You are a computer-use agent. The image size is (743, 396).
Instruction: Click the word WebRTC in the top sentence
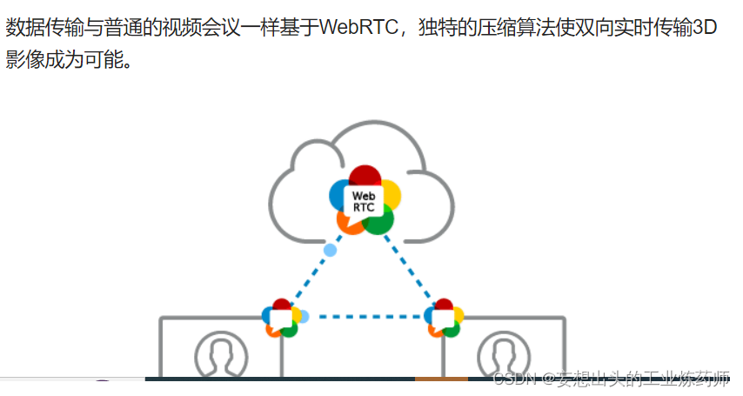[358, 27]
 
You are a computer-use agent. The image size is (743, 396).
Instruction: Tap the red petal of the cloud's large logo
[365, 173]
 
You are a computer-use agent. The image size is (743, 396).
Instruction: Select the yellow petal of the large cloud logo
[391, 194]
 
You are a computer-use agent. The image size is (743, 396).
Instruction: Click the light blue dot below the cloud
[330, 251]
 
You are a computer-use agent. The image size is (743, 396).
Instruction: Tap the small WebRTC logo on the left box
[281, 318]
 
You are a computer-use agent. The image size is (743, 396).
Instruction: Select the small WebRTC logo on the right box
[445, 318]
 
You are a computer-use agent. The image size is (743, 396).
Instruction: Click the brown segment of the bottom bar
[441, 379]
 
